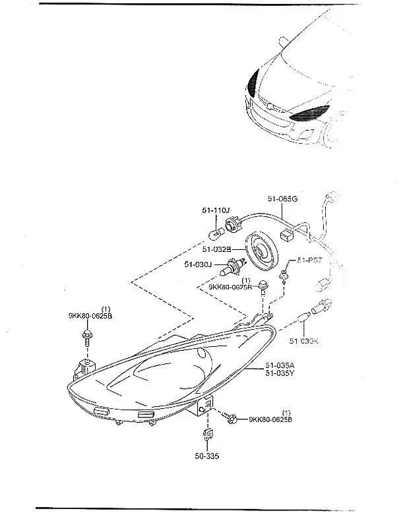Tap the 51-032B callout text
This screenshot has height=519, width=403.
tap(217, 249)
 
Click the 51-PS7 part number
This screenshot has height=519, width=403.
tap(309, 261)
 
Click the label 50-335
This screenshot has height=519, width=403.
tap(206, 456)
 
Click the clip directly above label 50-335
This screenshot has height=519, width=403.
tap(206, 433)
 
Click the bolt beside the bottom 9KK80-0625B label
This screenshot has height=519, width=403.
tap(232, 417)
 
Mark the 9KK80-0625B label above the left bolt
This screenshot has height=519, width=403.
tap(90, 316)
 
